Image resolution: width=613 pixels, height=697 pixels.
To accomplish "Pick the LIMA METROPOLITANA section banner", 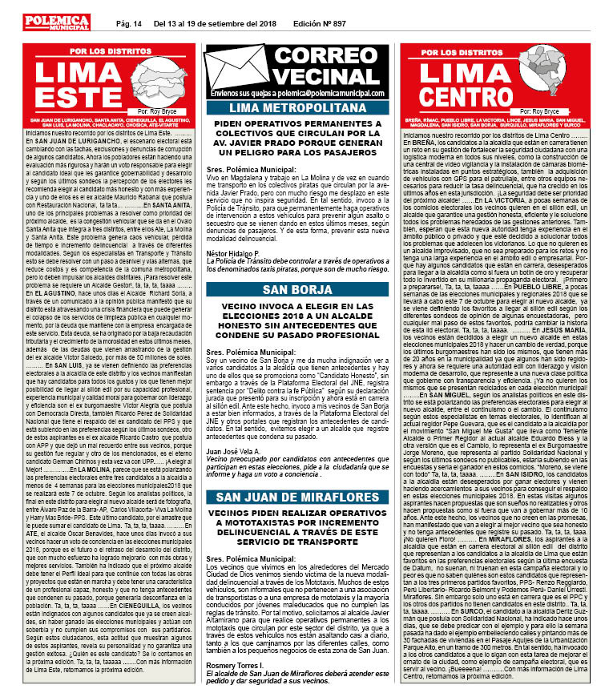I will point(305,108).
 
